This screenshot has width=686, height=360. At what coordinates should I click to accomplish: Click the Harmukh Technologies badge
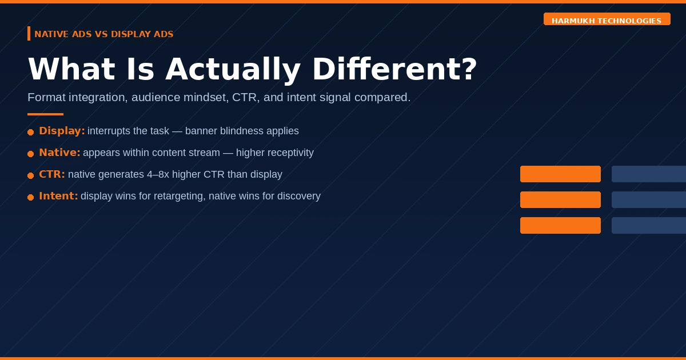607,19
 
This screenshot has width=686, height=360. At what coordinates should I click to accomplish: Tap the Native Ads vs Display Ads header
104,34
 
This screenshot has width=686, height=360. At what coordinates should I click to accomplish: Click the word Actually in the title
233,70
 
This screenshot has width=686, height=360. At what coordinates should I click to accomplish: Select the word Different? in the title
394,69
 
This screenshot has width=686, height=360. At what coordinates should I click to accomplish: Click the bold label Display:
62,131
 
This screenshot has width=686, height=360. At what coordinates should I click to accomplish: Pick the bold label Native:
59,153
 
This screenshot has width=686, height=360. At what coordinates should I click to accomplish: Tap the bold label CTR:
52,174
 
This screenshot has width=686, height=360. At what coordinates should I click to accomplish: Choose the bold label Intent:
58,196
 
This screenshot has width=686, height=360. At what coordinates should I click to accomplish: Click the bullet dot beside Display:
31,132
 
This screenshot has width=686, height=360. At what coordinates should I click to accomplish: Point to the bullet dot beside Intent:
31,198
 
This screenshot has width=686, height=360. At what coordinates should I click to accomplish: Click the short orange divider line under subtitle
45,114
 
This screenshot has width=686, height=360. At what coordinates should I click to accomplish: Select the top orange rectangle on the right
560,174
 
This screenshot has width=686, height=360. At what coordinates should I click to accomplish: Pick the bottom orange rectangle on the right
560,225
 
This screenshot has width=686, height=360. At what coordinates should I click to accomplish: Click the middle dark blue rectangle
649,199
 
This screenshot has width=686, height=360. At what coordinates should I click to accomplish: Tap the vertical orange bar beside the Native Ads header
29,33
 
